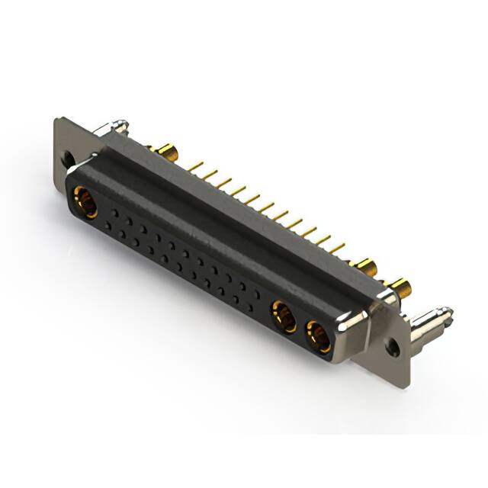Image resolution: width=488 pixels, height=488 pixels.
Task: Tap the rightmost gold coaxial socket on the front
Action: coord(319,335)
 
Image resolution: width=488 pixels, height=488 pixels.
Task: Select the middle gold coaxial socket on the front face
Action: coord(284,316)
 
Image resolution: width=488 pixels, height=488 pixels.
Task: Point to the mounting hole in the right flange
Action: coord(392,347)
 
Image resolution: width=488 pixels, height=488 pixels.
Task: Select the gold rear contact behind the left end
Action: coord(163,150)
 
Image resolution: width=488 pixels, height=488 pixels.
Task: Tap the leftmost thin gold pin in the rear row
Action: coord(195,165)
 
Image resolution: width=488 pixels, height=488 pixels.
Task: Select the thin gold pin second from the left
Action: coord(209,174)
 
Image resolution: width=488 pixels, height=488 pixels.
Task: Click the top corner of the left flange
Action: coord(59,120)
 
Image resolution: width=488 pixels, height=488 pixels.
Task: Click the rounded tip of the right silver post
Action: coord(448,313)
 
